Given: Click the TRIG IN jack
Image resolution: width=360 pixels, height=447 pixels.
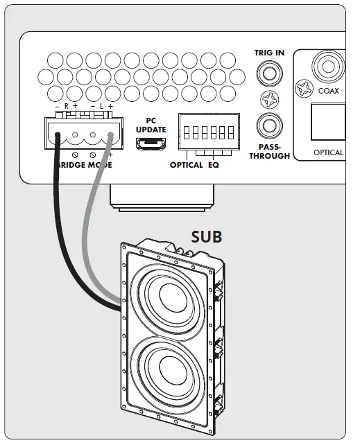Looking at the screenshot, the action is pos(270,73).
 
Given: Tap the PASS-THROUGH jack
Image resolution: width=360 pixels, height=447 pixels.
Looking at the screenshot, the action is pos(270,125).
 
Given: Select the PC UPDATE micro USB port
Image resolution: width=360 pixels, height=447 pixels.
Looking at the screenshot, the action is pos(151,143).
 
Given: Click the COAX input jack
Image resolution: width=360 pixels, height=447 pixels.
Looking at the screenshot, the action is pos(328,67).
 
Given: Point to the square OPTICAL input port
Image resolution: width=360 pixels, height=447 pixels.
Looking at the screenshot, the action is pos(328,122).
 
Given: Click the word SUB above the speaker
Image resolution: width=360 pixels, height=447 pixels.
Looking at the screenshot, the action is pos(207,236).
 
